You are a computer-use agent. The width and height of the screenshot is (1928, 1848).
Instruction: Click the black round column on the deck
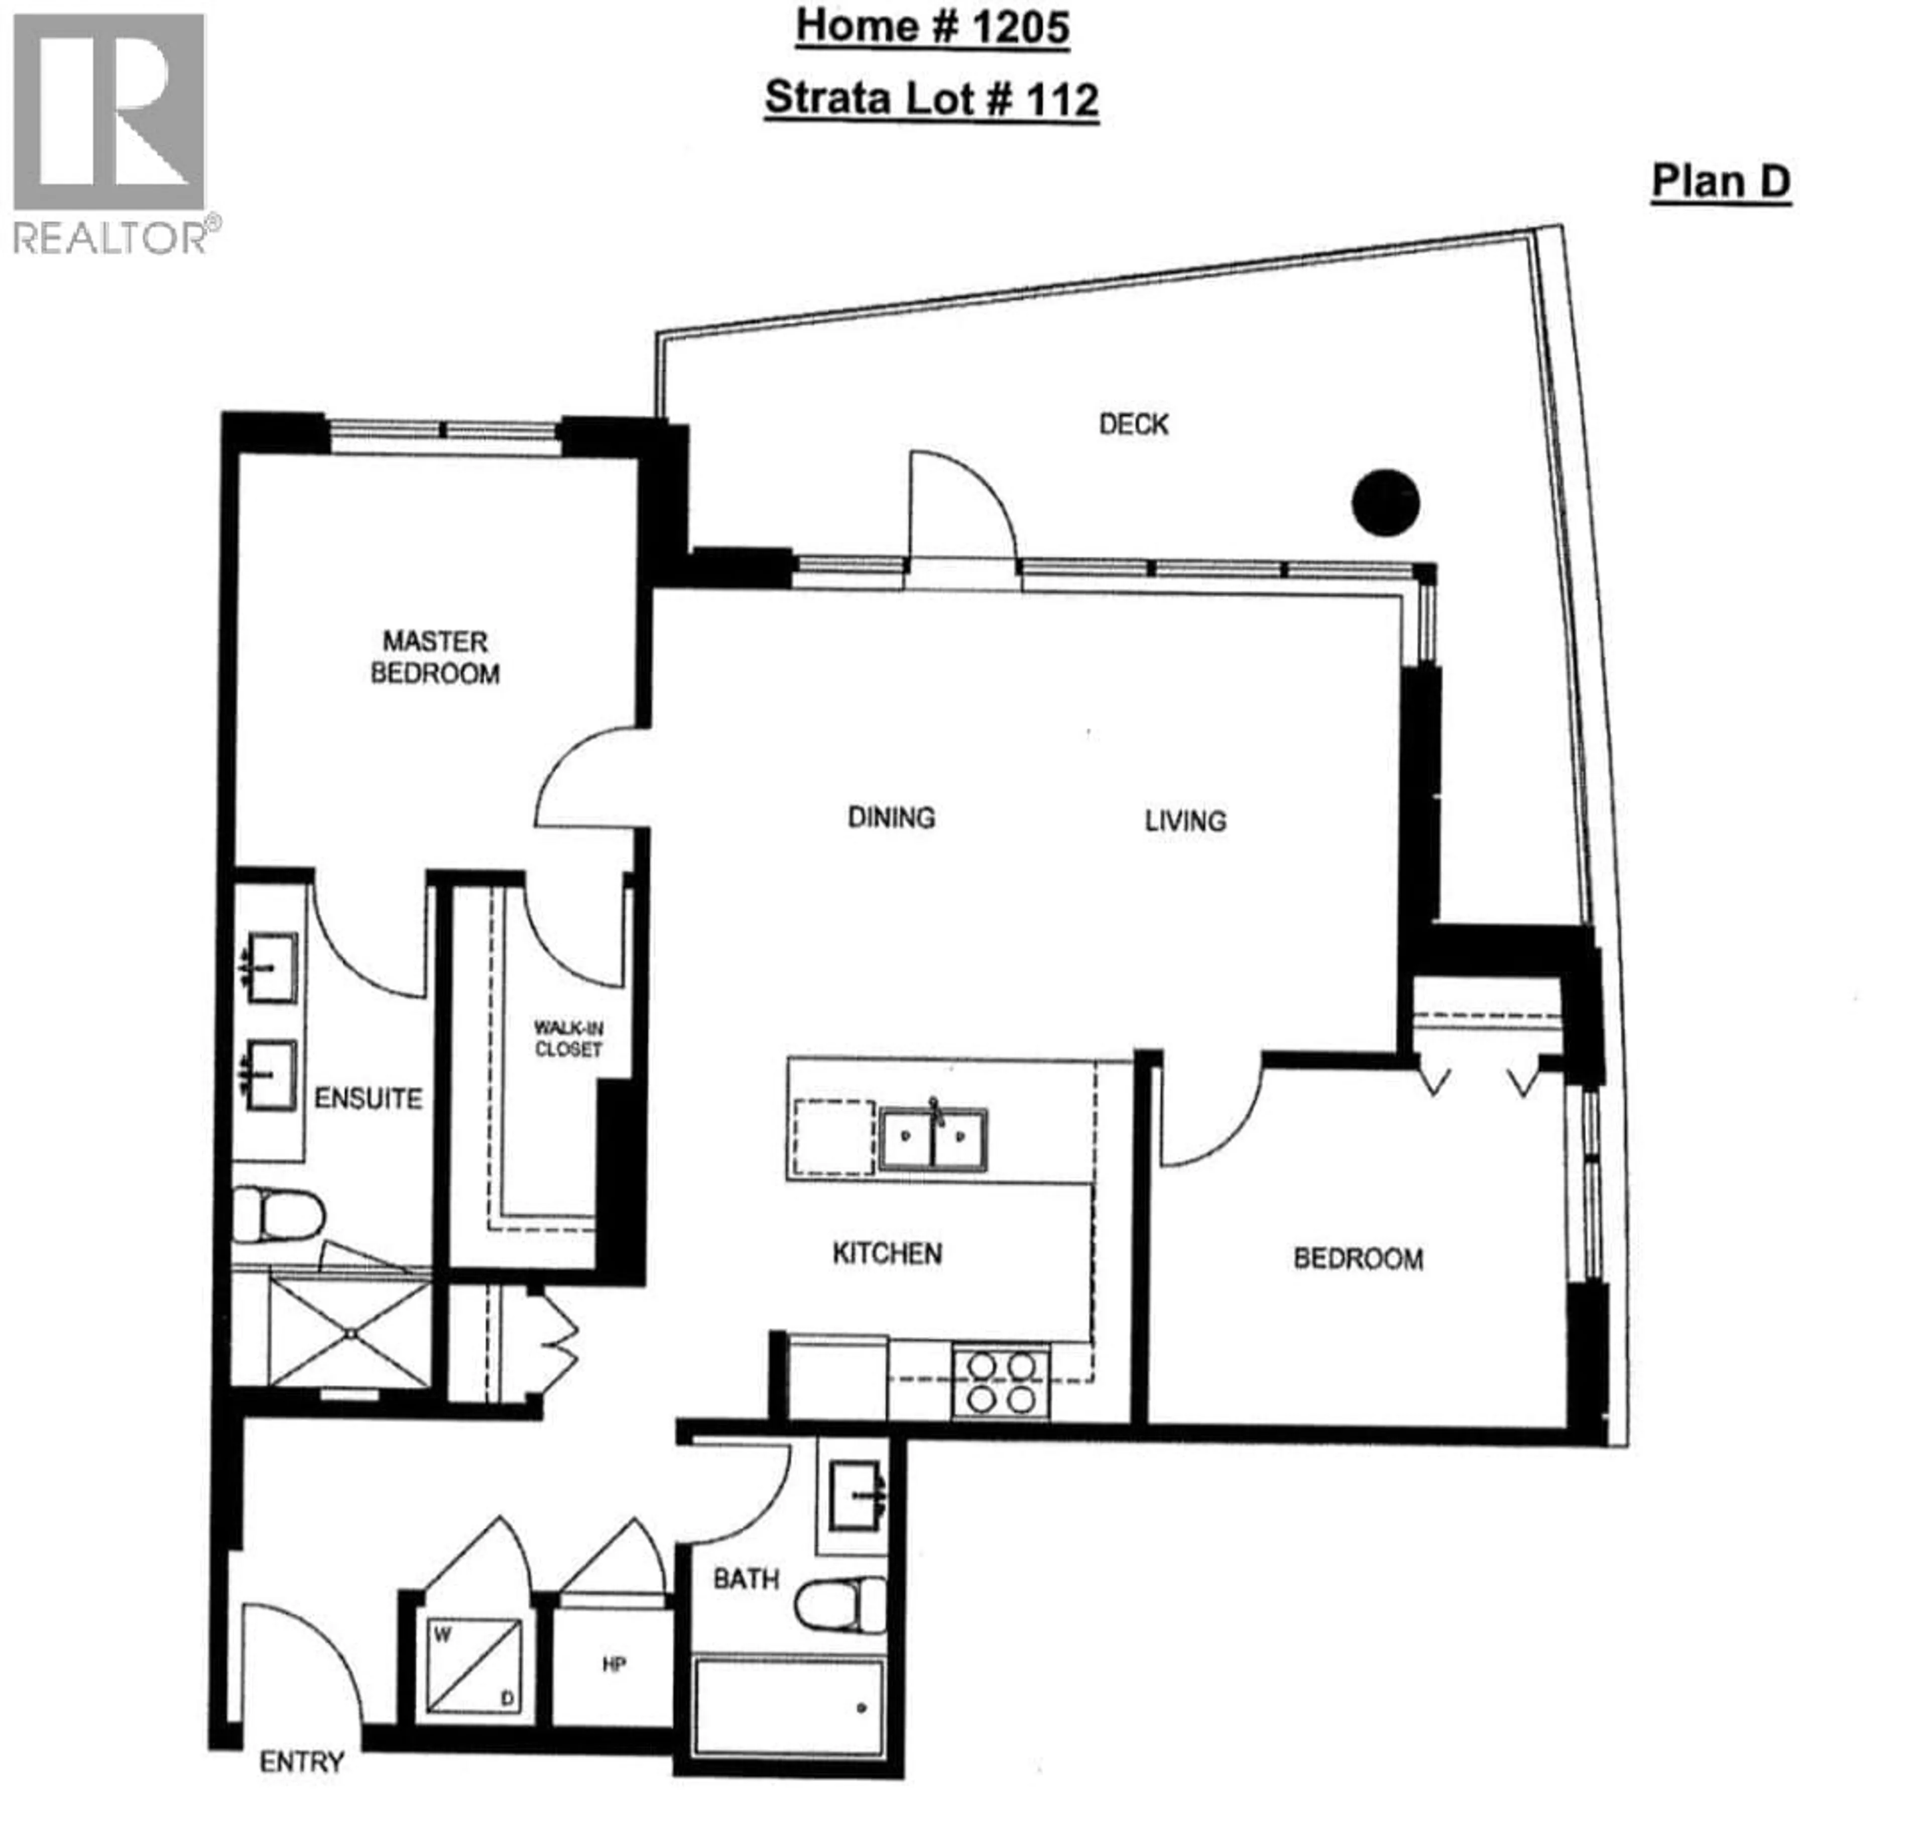tap(1385, 503)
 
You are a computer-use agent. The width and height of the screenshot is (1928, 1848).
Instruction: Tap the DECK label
tap(1133, 424)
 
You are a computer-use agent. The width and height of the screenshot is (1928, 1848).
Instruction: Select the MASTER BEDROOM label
tap(435, 657)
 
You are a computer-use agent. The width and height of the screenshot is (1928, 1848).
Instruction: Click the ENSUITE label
tap(368, 1098)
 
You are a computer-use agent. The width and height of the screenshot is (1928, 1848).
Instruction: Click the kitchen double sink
tap(932, 1139)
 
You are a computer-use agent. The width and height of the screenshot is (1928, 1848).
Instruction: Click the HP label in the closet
tap(614, 1665)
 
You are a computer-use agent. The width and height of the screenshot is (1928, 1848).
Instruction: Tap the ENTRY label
tap(301, 1762)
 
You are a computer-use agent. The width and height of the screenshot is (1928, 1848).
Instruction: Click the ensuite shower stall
tap(349, 1333)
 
